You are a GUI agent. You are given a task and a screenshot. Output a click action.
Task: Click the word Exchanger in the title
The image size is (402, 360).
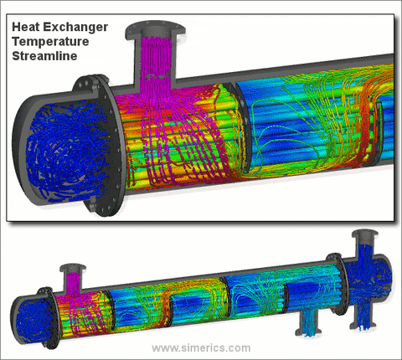pyautogui.click(x=75, y=27)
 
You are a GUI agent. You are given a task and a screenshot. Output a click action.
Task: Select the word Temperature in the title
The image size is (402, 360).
pyautogui.click(x=50, y=42)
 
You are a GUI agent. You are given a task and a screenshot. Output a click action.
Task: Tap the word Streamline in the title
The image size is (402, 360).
pyautogui.click(x=44, y=56)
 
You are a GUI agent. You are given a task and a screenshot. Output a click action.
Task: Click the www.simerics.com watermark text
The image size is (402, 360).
pyautogui.click(x=201, y=348)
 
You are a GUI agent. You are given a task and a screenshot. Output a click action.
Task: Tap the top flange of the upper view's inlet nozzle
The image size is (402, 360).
pyautogui.click(x=155, y=31)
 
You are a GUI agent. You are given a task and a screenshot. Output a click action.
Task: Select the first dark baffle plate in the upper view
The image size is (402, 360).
pyautogui.click(x=240, y=126)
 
